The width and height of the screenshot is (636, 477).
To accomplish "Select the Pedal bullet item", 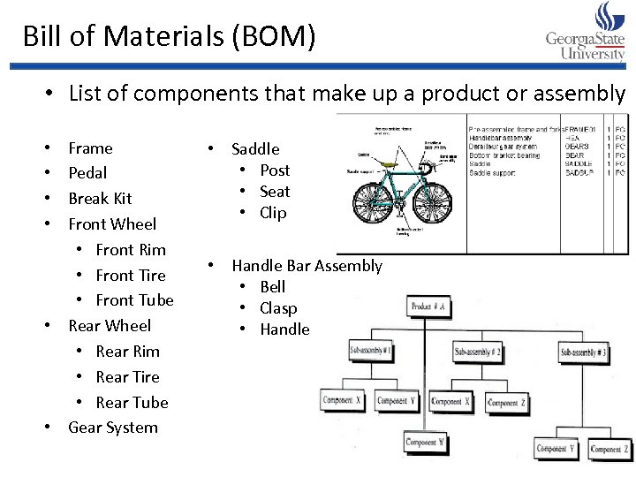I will (x=87, y=173).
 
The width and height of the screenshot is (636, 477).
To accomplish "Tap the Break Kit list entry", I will (x=100, y=199).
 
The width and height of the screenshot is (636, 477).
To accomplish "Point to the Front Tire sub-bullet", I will (x=130, y=276).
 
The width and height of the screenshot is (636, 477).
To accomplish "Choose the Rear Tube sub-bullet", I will (x=132, y=403).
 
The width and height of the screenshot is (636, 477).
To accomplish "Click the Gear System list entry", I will (x=113, y=428).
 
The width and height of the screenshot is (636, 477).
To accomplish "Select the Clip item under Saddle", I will (x=273, y=213).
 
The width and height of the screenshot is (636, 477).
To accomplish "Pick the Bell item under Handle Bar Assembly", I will (x=272, y=287).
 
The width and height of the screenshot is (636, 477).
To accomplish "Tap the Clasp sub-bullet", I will (x=278, y=308).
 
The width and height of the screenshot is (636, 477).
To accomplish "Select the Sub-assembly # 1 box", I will (x=372, y=351).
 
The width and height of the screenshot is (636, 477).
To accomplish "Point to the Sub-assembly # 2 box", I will (x=478, y=352).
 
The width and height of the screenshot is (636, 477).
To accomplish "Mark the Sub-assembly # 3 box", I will (x=584, y=353).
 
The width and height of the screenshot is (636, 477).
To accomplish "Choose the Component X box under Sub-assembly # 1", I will (x=342, y=400).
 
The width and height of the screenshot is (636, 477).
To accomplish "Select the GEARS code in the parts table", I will (x=578, y=147).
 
